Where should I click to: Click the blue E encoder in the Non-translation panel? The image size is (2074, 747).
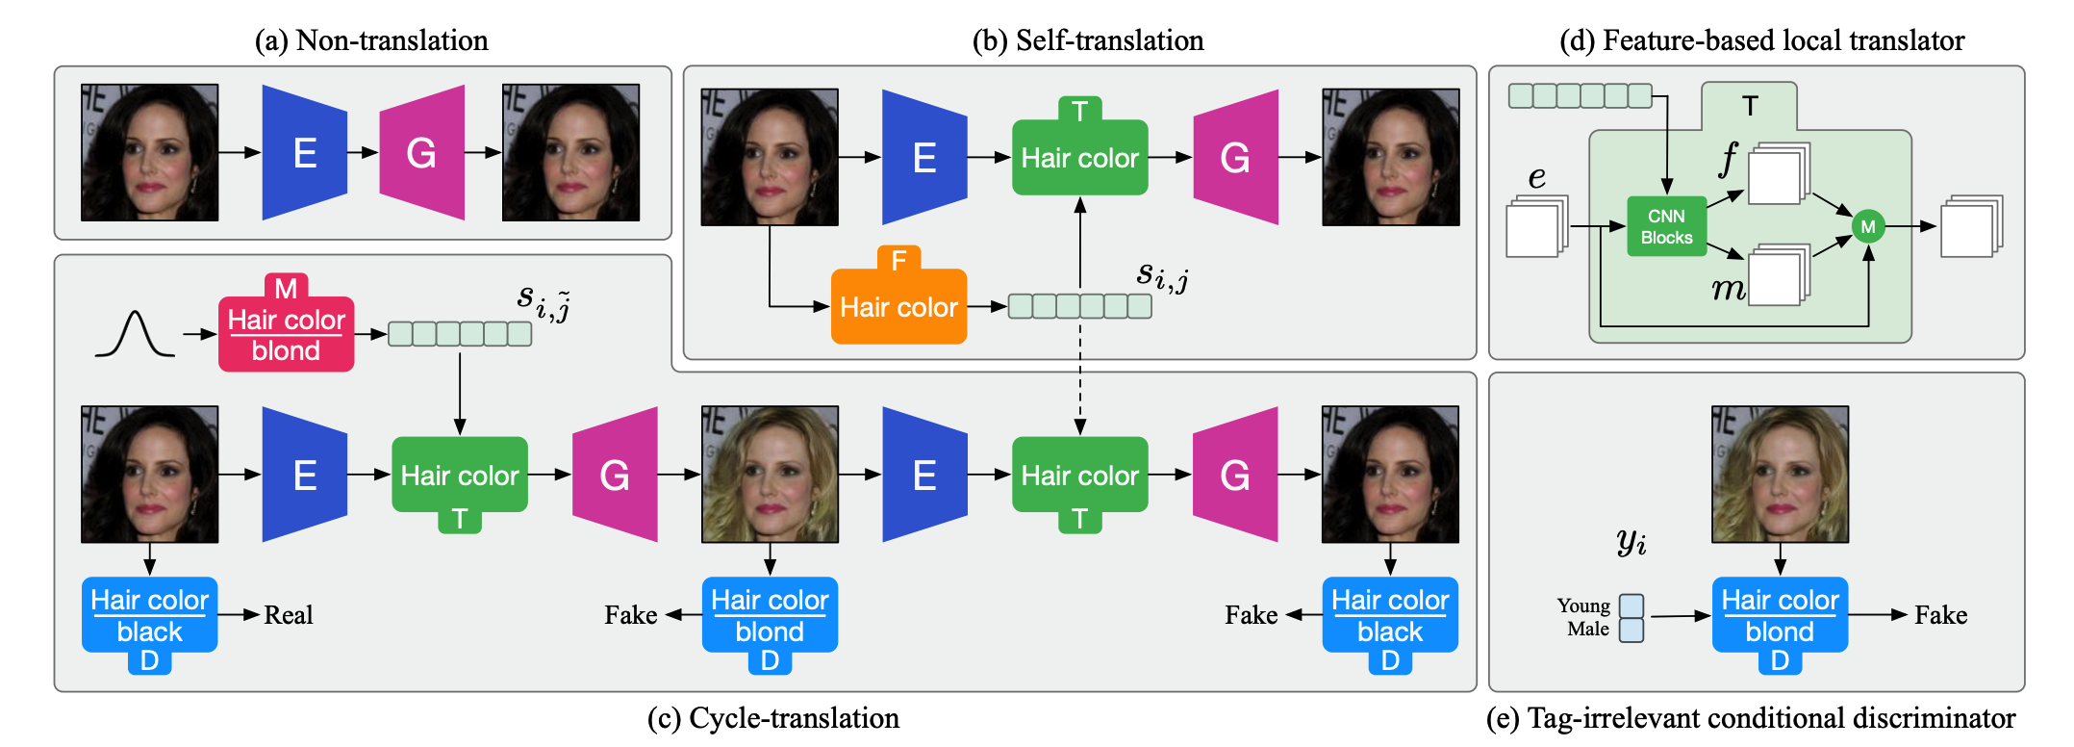(x=304, y=152)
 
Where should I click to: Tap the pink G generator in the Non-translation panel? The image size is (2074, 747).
(x=421, y=152)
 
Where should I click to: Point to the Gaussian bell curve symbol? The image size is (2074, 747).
(x=135, y=334)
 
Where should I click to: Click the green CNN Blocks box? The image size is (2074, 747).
(x=1666, y=227)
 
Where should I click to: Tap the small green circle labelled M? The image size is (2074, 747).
(x=1867, y=226)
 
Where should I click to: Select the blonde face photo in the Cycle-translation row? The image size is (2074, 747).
(x=770, y=474)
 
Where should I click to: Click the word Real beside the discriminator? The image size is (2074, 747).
(x=288, y=615)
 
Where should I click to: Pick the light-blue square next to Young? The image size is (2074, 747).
(x=1631, y=605)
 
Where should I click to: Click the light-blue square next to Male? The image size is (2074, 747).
(x=1631, y=630)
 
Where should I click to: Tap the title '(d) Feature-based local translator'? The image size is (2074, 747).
(x=1761, y=40)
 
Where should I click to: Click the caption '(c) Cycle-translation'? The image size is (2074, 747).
(x=773, y=718)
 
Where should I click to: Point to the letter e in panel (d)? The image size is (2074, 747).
(x=1537, y=177)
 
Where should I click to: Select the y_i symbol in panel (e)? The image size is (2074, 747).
(x=1631, y=542)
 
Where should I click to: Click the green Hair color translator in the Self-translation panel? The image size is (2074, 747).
(x=1079, y=157)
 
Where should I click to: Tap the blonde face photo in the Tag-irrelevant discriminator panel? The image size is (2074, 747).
(x=1780, y=474)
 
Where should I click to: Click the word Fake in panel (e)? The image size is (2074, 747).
(x=1940, y=615)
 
